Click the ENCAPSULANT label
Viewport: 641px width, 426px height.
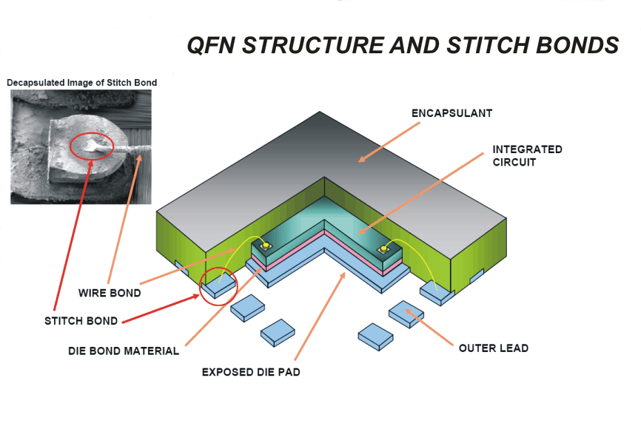click(452, 113)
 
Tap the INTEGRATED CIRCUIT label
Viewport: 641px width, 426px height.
click(527, 155)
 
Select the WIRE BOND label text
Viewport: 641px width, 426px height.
click(109, 293)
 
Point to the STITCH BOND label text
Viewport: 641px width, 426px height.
click(81, 321)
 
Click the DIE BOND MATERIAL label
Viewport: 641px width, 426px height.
click(124, 351)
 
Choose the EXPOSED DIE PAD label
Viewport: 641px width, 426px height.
click(251, 372)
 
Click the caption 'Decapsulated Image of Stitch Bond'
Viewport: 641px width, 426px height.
click(81, 83)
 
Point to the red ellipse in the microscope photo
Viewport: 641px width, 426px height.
click(91, 146)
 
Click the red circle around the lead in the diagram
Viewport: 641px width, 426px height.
click(219, 285)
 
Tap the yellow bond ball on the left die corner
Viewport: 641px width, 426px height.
click(264, 245)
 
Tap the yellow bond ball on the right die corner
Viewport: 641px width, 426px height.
click(384, 249)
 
